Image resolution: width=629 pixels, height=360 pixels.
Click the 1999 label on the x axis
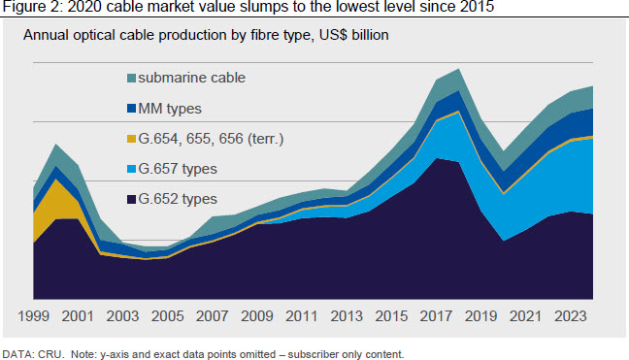[33, 316]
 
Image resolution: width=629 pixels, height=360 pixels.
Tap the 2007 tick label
[213, 316]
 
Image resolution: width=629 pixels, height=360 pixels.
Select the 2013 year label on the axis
[347, 316]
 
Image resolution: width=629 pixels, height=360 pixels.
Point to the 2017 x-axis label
[436, 316]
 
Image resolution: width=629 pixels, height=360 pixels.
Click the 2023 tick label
[571, 316]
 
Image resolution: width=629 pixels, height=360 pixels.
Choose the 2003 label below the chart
[122, 316]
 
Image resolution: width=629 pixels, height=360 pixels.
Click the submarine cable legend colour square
[132, 79]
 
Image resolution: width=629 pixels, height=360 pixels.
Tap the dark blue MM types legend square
[132, 109]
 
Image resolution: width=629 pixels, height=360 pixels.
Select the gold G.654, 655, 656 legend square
[132, 139]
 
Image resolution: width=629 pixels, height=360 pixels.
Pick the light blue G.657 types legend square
[132, 169]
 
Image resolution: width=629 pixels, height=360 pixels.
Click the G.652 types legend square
[132, 199]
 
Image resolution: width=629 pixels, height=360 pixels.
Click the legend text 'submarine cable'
[192, 78]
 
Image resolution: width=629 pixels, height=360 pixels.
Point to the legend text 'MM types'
[170, 109]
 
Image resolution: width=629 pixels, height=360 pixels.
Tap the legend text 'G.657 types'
[178, 169]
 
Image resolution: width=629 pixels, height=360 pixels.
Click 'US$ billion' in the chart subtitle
[353, 35]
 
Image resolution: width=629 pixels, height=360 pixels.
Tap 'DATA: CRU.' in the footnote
[33, 354]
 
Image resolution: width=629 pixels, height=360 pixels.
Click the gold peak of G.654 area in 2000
[56, 180]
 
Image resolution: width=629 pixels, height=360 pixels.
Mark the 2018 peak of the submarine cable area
[458, 69]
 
